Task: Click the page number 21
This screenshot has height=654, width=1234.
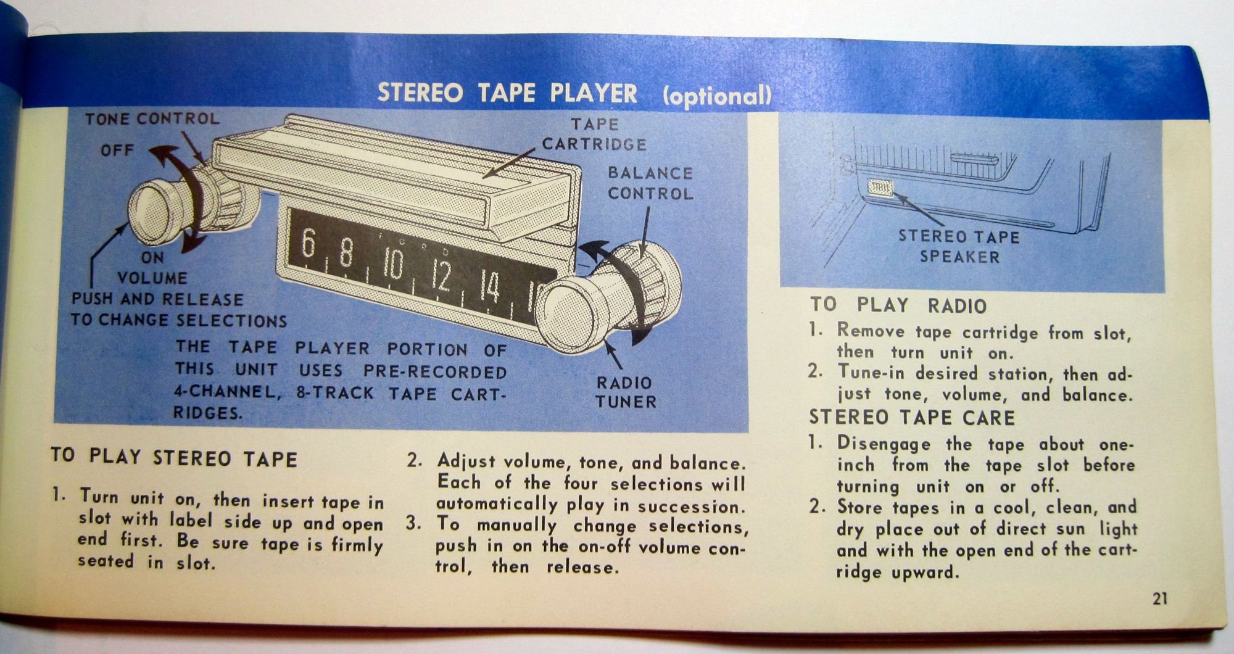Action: pyautogui.click(x=1159, y=598)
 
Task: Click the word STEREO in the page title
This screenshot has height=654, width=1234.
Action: pyautogui.click(x=420, y=93)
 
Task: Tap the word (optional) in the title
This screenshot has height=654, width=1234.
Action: pyautogui.click(x=716, y=96)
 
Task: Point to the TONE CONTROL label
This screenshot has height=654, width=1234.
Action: pyautogui.click(x=152, y=118)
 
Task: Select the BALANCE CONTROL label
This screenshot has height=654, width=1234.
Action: pyautogui.click(x=650, y=183)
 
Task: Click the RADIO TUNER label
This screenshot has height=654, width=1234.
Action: pyautogui.click(x=626, y=392)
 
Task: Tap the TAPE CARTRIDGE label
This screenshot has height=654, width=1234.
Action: pyautogui.click(x=594, y=135)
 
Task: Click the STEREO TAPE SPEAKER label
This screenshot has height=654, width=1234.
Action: pyautogui.click(x=959, y=246)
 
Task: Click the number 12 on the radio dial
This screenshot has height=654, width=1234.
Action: pyautogui.click(x=441, y=276)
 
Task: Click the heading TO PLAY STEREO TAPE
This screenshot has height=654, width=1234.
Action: pyautogui.click(x=174, y=457)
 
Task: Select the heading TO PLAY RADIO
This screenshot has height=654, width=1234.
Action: pyautogui.click(x=898, y=305)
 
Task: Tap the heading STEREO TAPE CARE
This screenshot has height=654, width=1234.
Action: pyautogui.click(x=912, y=418)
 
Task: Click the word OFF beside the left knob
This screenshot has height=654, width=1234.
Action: pyautogui.click(x=117, y=150)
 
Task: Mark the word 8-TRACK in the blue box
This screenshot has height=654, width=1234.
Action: pyautogui.click(x=335, y=393)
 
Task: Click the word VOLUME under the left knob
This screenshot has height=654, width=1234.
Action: pyautogui.click(x=152, y=278)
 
